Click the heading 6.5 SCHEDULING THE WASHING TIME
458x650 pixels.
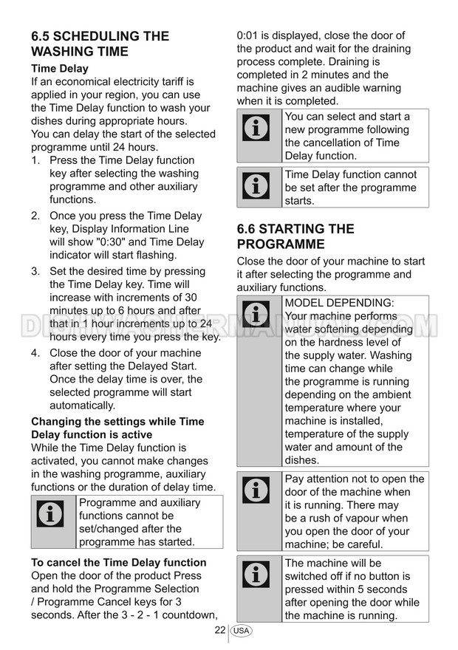pos(100,44)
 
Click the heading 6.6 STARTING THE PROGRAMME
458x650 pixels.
pos(295,236)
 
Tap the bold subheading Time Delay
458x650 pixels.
pos(59,69)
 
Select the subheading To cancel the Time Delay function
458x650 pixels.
pos(118,562)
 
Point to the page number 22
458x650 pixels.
pos(219,630)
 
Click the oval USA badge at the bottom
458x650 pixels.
pos(240,631)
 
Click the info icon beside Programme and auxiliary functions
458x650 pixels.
pos(51,516)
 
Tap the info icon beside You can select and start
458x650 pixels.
pos(256,129)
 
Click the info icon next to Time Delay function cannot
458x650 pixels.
pos(256,187)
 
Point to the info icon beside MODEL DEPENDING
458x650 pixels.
pos(256,315)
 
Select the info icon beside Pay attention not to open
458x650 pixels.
pos(256,490)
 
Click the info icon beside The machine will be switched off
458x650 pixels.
pos(256,574)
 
